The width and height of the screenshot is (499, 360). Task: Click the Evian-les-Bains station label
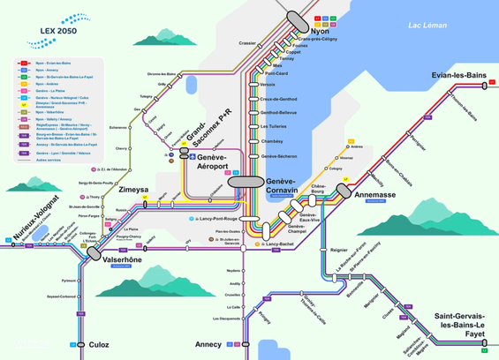(x=460, y=75)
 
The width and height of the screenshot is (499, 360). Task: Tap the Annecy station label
(x=208, y=345)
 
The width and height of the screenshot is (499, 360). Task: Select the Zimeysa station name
(x=132, y=189)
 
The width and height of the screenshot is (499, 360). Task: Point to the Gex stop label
(x=137, y=109)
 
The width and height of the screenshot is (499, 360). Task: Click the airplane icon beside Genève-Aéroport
(x=192, y=157)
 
